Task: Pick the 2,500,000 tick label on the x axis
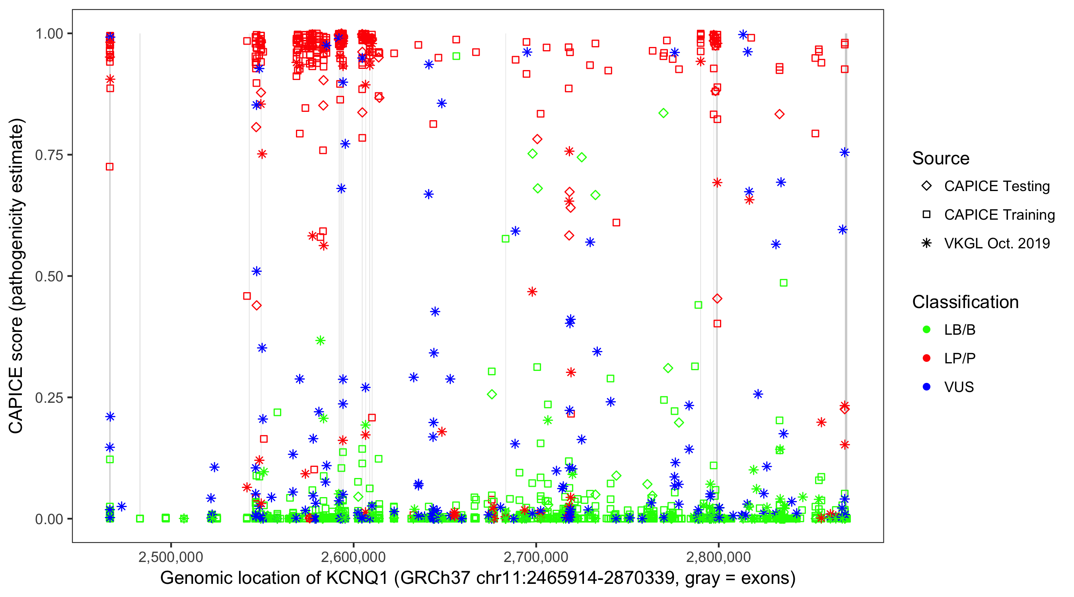[x=171, y=556]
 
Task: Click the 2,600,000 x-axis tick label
[x=354, y=556]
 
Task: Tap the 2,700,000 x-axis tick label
[x=536, y=556]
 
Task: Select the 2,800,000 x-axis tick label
[x=718, y=556]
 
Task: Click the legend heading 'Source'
[x=941, y=158]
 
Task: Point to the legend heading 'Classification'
[x=965, y=302]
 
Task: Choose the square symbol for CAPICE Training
[x=926, y=215]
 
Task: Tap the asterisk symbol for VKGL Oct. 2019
[x=926, y=243]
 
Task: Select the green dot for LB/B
[x=926, y=330]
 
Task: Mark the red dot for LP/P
[x=926, y=358]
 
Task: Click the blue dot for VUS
[x=926, y=387]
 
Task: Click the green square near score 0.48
[x=783, y=283]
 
